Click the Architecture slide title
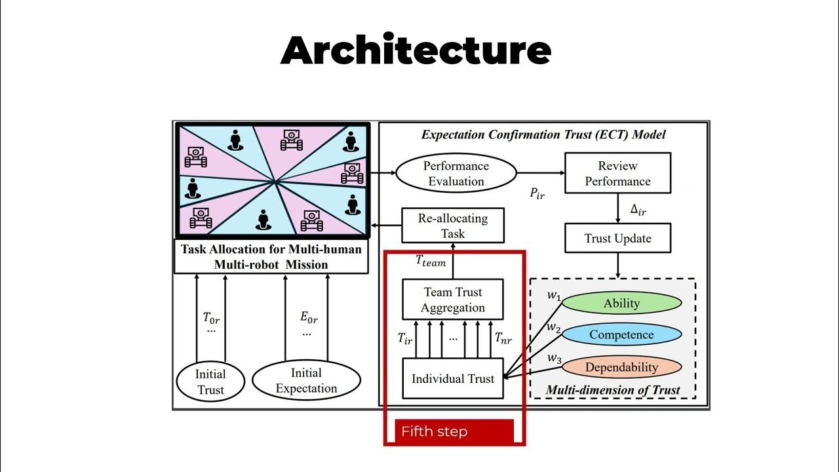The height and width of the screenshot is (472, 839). (416, 50)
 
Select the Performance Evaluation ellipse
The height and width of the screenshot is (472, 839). (456, 174)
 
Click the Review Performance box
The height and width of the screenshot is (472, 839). (617, 174)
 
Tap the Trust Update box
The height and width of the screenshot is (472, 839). (617, 239)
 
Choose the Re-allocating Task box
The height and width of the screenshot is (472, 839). (452, 226)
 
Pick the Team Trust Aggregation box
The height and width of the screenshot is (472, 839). (452, 300)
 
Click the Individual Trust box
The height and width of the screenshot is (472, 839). (452, 378)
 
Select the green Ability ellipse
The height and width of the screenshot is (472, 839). (621, 303)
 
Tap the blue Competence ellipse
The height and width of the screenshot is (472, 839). (621, 334)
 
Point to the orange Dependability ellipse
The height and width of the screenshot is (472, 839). (621, 367)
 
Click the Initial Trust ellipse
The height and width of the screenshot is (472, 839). (210, 382)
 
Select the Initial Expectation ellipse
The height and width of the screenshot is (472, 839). (306, 380)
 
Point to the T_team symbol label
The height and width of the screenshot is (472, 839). (431, 261)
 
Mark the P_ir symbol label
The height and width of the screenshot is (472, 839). (537, 193)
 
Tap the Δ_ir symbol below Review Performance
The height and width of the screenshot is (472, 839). (638, 210)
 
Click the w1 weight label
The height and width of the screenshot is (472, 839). (554, 295)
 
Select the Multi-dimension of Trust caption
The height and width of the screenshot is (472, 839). (612, 390)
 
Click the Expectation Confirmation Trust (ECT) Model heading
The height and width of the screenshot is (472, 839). (543, 135)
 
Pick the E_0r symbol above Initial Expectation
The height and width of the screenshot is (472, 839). (309, 319)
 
